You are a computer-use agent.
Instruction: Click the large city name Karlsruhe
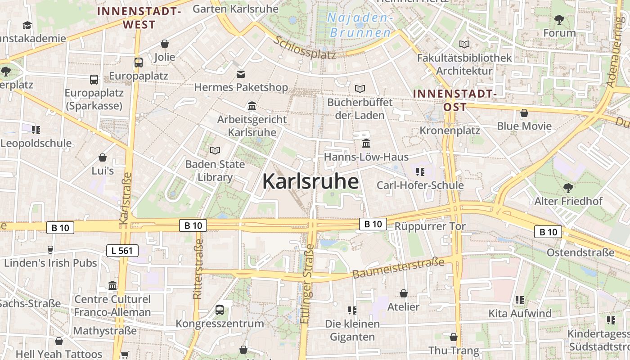[x=310, y=181]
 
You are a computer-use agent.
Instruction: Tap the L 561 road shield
[x=122, y=251]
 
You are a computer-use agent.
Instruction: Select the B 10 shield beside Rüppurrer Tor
[x=373, y=224]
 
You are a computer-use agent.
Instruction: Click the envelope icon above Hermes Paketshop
[x=241, y=74]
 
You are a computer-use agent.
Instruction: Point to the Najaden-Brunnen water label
[x=360, y=25]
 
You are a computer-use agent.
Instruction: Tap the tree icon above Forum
[x=559, y=20]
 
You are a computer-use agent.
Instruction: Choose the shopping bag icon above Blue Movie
[x=524, y=113]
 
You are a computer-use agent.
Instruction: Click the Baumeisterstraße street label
[x=398, y=267]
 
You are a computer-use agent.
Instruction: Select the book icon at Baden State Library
[x=215, y=151]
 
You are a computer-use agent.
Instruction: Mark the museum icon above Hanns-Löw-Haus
[x=366, y=144]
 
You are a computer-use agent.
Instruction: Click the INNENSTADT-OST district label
[x=454, y=100]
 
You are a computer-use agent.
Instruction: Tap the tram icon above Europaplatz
[x=139, y=63]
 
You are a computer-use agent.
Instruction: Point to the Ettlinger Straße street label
[x=307, y=283]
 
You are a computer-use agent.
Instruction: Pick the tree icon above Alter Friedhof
[x=568, y=188]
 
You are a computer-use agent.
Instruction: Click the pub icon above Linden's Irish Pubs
[x=50, y=250]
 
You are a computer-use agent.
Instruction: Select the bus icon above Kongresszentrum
[x=220, y=310]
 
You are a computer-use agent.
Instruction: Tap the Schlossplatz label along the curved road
[x=305, y=48]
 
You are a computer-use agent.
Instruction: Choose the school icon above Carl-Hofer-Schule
[x=420, y=171]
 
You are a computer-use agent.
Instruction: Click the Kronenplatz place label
[x=450, y=130]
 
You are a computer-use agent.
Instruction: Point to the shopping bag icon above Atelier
[x=404, y=293]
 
